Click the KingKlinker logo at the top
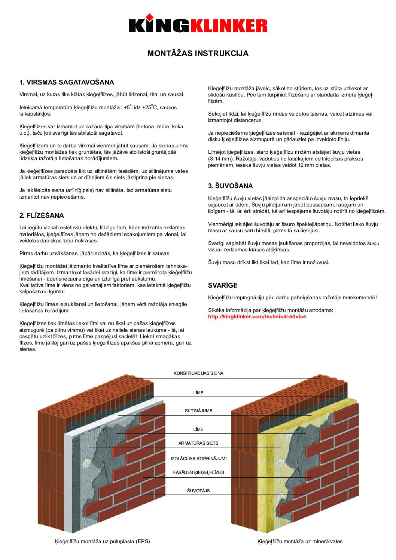(x=198, y=25)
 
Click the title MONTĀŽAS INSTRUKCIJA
(x=198, y=53)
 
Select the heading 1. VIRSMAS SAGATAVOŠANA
(x=67, y=82)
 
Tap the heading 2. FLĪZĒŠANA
(x=42, y=215)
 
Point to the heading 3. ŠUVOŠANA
(x=230, y=186)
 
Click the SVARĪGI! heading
(x=222, y=285)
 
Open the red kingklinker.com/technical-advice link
(x=257, y=316)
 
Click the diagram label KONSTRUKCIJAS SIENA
(x=198, y=373)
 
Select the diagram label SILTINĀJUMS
(x=198, y=411)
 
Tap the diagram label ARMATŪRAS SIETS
(x=198, y=443)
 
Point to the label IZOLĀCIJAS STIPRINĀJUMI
(x=198, y=459)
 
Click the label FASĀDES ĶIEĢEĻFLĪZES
(x=198, y=472)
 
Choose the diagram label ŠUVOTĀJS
(x=198, y=491)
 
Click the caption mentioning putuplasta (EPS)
(x=103, y=541)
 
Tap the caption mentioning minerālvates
(x=300, y=541)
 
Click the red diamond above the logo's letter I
(x=150, y=16)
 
